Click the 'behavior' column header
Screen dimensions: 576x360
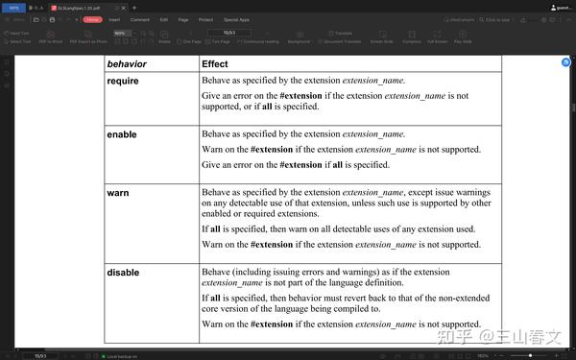point(127,64)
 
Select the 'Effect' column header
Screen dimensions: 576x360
point(214,64)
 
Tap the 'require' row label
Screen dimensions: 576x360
point(123,82)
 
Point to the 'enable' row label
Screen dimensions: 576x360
point(122,135)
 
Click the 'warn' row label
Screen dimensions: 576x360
point(118,193)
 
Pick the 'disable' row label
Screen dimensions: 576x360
point(123,273)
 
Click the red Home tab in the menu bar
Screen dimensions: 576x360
point(92,19)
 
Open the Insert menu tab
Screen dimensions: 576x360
point(114,19)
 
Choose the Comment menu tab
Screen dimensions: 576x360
point(139,19)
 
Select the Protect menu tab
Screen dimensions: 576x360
point(206,19)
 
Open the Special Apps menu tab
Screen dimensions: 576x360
point(236,19)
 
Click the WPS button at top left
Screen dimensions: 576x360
point(13,7)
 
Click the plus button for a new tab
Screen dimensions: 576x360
point(134,7)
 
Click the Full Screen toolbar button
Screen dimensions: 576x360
point(437,37)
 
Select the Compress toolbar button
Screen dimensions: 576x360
point(411,37)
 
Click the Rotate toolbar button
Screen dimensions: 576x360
point(164,37)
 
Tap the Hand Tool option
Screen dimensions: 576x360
point(19,33)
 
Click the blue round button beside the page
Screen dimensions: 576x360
point(565,62)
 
